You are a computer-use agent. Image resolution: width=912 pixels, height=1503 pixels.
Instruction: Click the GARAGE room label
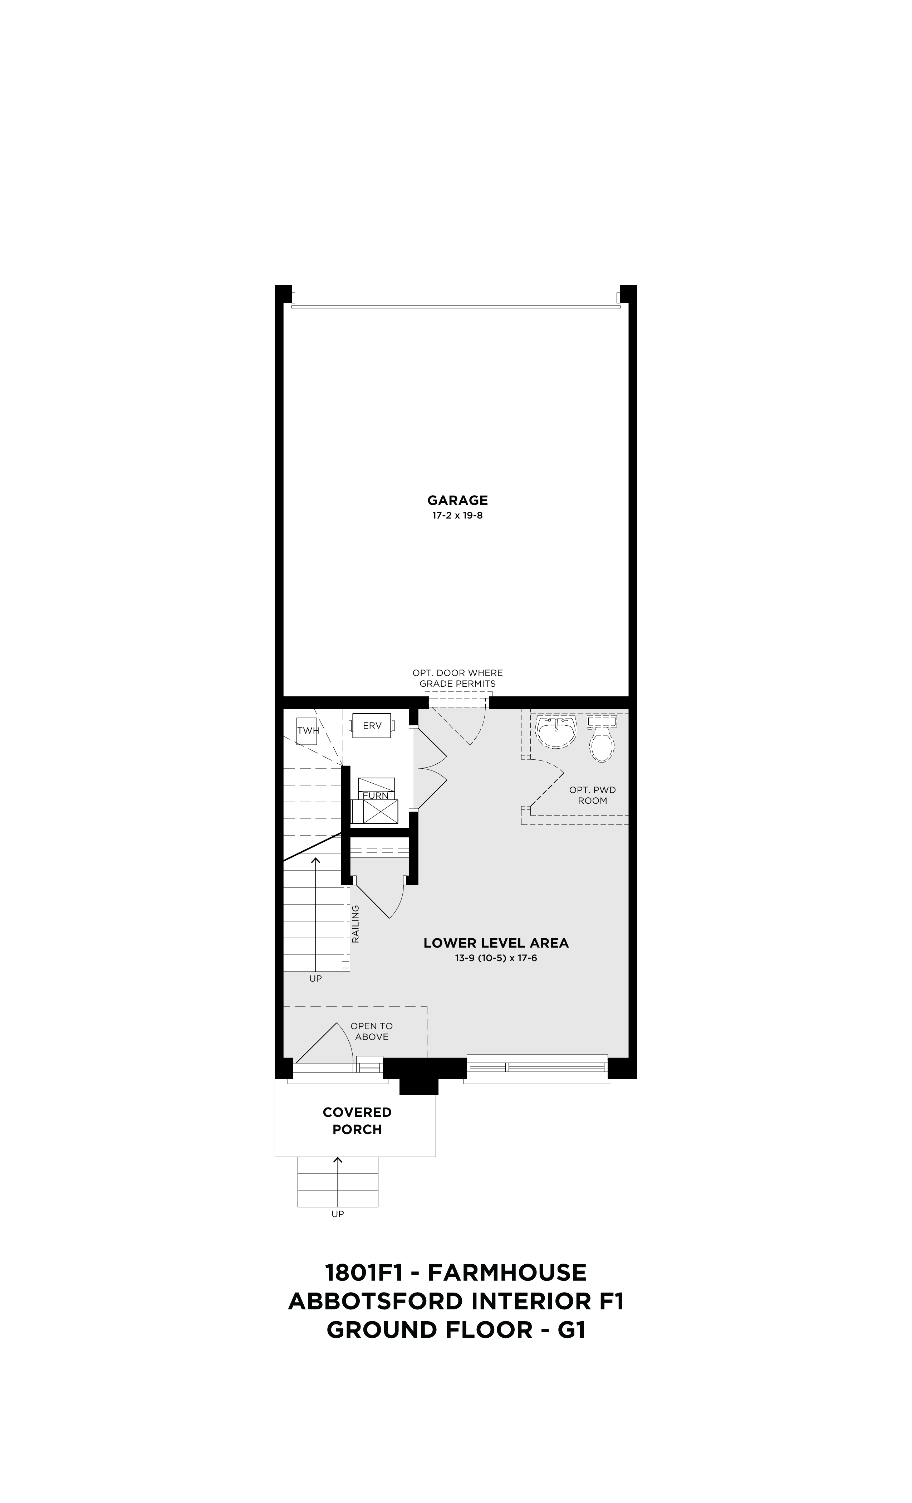(x=457, y=501)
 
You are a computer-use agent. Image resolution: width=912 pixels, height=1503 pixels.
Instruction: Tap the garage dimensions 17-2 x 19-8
(x=457, y=515)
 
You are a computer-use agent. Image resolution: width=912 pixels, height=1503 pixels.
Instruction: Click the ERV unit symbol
(x=372, y=725)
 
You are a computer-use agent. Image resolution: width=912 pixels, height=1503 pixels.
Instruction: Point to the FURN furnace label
(x=376, y=796)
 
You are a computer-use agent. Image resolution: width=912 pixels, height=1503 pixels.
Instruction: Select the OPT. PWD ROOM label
(x=592, y=796)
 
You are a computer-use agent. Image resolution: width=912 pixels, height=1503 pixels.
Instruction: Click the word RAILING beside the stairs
(x=356, y=924)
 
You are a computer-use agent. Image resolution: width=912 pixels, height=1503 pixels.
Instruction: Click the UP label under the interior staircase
(x=315, y=978)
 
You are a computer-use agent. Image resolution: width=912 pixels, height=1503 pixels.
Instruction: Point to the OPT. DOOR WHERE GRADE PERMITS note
(x=457, y=678)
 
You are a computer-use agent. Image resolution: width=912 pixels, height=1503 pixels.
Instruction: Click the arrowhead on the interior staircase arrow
(x=315, y=860)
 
